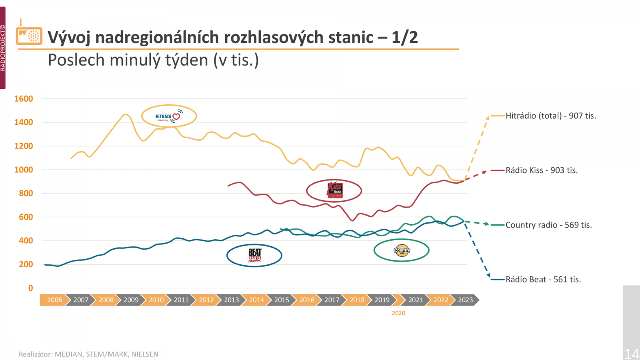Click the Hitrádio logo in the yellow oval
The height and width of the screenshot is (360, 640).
[169, 116]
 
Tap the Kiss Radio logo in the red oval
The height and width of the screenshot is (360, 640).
[334, 190]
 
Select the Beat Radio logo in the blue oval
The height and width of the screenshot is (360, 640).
[254, 255]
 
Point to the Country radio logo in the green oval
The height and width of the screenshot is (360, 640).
[402, 250]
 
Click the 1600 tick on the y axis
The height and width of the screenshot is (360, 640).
[24, 99]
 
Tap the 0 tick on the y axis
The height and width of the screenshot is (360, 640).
[30, 288]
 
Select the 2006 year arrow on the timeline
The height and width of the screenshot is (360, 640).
[54, 300]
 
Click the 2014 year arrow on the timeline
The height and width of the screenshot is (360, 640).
[256, 300]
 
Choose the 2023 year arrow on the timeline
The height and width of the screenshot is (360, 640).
[465, 300]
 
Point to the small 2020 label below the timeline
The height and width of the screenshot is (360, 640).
[398, 313]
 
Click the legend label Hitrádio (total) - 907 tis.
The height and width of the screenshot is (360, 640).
[551, 116]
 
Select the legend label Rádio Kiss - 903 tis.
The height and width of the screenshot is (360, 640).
[542, 170]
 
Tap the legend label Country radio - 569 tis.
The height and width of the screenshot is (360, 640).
[548, 225]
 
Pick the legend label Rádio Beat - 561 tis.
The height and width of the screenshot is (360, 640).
[543, 280]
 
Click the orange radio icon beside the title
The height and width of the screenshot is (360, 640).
[29, 35]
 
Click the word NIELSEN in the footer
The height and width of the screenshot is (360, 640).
[145, 354]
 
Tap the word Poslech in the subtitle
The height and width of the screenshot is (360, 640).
[76, 60]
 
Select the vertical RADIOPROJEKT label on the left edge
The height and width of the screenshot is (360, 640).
[3, 48]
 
